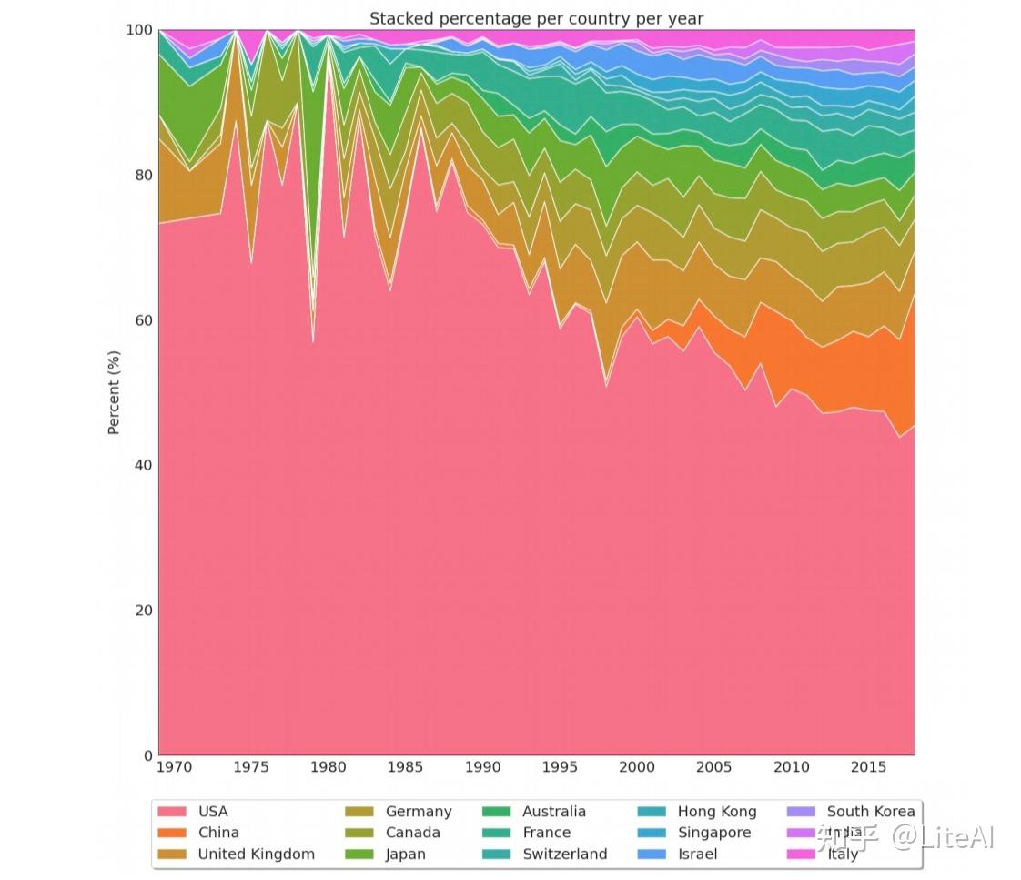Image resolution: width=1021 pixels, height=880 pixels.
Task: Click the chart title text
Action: tap(536, 18)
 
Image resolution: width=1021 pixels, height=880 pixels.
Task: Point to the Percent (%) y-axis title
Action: tap(114, 392)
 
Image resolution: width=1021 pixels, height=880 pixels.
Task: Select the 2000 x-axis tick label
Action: tap(636, 767)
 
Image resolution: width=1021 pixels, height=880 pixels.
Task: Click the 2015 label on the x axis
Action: tap(867, 767)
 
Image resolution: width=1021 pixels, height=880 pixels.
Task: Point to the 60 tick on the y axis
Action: tap(143, 319)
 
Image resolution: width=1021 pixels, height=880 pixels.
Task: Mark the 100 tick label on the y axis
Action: tap(139, 30)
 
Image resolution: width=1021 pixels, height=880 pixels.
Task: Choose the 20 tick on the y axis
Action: tap(143, 610)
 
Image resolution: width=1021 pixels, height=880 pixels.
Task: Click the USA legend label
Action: tap(213, 811)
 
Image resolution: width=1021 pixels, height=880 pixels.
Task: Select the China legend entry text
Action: tap(218, 832)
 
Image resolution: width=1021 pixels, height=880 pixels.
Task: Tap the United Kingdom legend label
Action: tap(256, 854)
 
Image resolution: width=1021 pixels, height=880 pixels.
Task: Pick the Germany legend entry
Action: tap(418, 811)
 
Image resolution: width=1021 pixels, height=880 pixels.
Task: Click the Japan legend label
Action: tap(405, 854)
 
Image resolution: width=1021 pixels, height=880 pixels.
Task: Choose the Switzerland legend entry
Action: tap(564, 854)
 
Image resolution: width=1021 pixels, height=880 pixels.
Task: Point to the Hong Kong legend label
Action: tap(716, 811)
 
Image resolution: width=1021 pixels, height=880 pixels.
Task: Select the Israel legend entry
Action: tap(697, 854)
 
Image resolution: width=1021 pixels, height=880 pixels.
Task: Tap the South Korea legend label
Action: tap(870, 811)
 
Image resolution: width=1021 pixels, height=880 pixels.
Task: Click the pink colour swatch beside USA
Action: tap(172, 811)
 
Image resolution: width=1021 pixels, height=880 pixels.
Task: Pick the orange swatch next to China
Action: tap(172, 832)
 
